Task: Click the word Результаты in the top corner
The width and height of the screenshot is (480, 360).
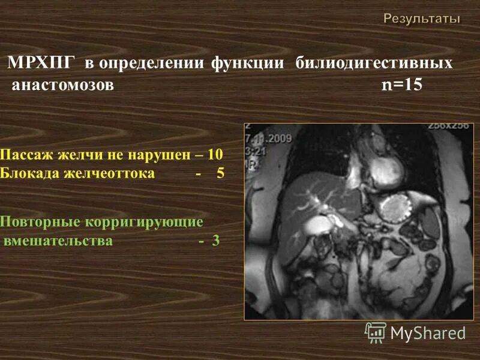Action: pos(422,19)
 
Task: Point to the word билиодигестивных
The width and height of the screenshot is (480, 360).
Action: pos(374,64)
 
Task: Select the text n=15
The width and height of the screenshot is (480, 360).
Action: pos(402,85)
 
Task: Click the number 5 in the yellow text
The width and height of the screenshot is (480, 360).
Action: pos(220,174)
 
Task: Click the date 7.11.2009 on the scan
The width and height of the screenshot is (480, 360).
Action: pos(268,138)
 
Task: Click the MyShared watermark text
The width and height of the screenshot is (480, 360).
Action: pos(428,332)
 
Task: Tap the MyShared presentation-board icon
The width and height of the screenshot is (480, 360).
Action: pos(376,332)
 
